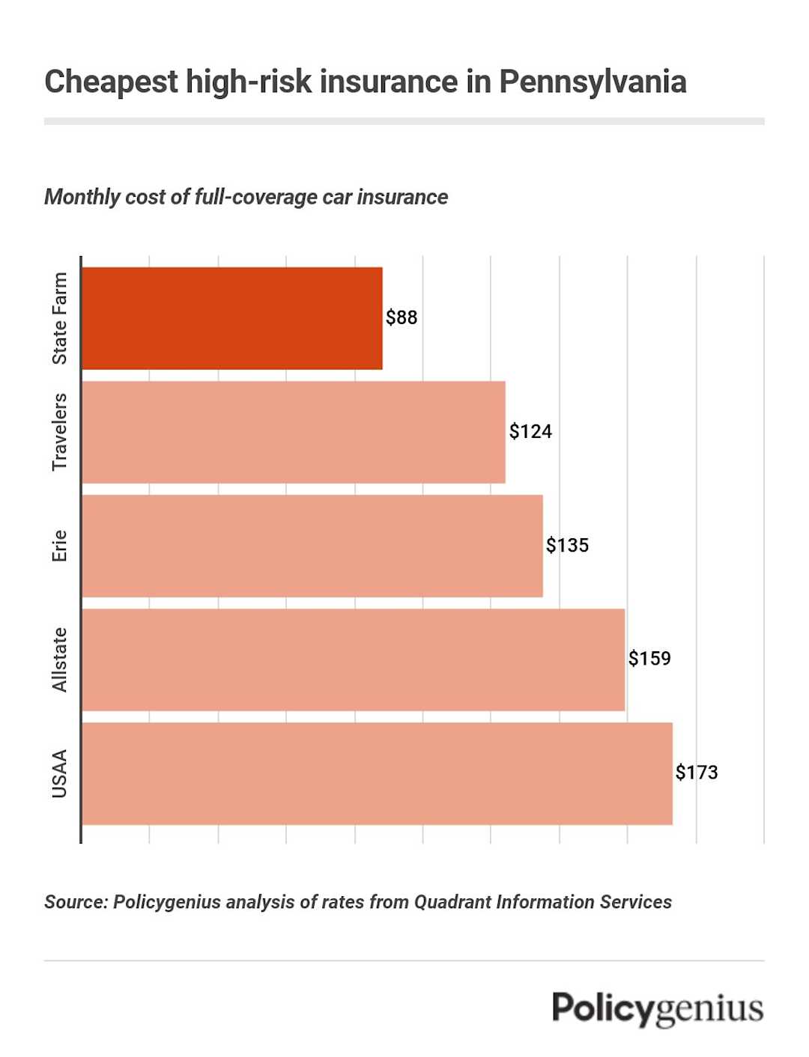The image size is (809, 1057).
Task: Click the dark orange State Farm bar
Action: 232,318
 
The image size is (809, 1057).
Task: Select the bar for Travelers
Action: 294,432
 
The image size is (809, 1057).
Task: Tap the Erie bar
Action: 312,546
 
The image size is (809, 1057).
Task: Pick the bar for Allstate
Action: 353,660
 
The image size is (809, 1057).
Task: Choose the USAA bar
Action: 377,773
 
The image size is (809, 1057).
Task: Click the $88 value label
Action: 402,317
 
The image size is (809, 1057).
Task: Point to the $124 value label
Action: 530,431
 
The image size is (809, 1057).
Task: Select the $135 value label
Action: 567,545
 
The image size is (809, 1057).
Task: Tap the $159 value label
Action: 649,659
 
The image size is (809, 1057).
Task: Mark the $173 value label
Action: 697,773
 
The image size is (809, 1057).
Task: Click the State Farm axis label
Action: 60,318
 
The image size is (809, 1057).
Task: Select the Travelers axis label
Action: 60,432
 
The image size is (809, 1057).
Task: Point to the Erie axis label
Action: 60,546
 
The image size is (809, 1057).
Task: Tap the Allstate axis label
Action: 60,660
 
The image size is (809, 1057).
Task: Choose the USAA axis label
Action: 60,773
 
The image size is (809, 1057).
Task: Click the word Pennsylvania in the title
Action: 593,82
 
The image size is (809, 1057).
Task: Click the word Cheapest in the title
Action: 112,82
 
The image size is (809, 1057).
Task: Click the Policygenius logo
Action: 658,1009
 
